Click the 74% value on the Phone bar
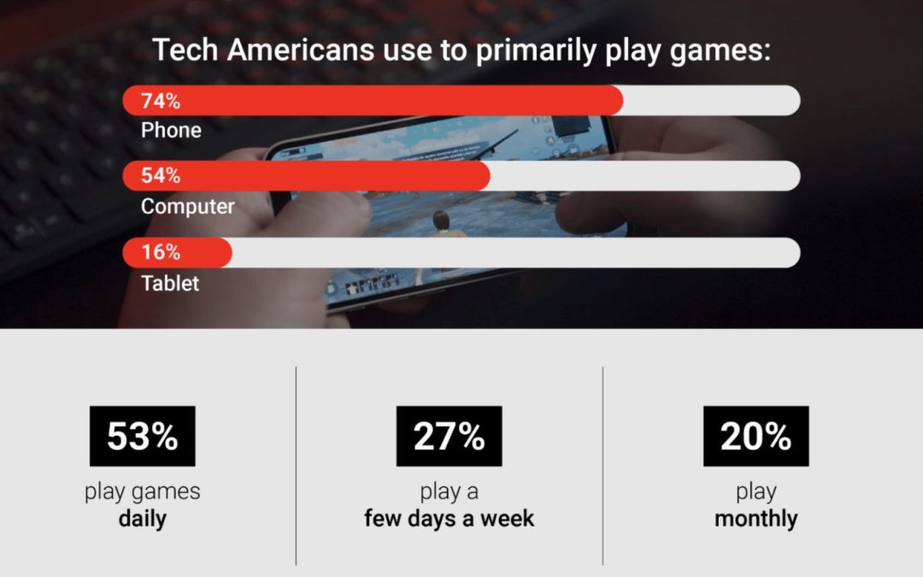coord(162,101)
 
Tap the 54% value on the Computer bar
coord(162,176)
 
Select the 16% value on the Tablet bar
coord(161,252)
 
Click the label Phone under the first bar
coord(171,131)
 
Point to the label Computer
coord(187,206)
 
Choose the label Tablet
coord(170,283)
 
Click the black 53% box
coord(142,436)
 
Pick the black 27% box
coord(449,436)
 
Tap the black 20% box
coord(755,436)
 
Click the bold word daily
coord(142,519)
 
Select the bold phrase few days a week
coord(449,518)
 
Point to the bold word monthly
coord(755,519)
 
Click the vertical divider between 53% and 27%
coord(297,466)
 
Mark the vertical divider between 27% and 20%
coord(603,466)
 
